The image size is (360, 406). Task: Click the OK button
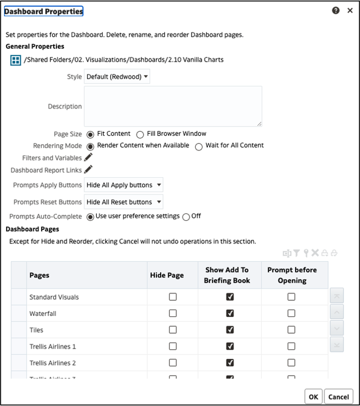[313, 397]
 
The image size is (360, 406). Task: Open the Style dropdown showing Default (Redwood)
[117, 77]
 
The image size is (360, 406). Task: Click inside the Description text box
[173, 106]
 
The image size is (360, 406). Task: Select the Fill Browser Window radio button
[141, 135]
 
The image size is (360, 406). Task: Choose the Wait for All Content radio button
[199, 147]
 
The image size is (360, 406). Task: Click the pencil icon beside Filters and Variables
[89, 157]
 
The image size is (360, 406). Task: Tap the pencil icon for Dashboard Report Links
[89, 169]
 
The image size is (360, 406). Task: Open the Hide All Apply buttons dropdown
[124, 185]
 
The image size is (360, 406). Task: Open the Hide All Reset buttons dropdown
[124, 202]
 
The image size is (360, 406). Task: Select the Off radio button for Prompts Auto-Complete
[186, 217]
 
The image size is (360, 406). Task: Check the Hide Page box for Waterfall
[173, 313]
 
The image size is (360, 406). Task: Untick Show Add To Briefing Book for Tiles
[230, 330]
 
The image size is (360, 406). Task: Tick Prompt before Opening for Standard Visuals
[291, 297]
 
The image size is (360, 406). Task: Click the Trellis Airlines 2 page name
[53, 363]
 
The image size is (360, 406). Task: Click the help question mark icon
[336, 11]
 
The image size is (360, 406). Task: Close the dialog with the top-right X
[350, 11]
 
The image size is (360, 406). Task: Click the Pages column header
[39, 275]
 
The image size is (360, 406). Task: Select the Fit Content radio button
[90, 135]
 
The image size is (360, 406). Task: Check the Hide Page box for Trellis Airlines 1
[173, 346]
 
